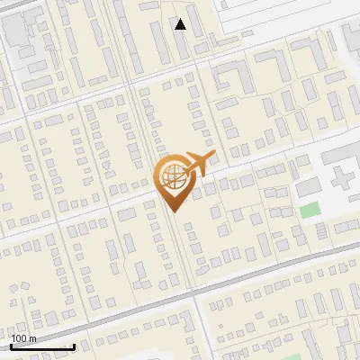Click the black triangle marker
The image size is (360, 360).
181,25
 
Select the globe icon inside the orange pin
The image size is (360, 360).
174,178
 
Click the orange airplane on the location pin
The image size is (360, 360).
197,165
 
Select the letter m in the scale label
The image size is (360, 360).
32,338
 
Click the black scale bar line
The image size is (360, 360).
42,347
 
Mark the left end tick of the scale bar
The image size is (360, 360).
12,346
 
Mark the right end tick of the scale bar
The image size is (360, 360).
74,346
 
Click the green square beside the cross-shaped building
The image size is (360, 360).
310,210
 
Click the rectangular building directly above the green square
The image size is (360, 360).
308,187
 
